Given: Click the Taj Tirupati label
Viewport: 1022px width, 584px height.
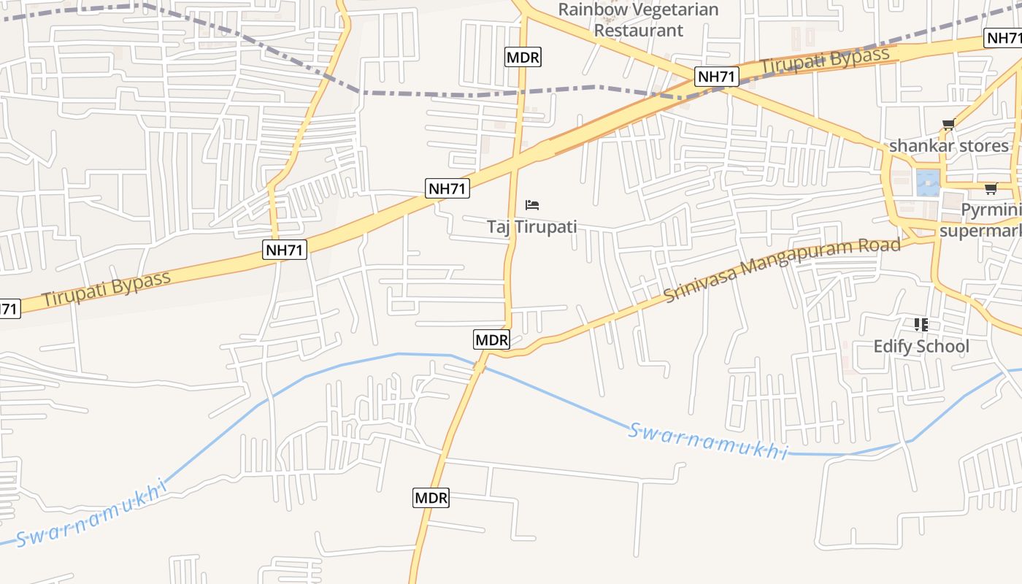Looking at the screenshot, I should (531, 226).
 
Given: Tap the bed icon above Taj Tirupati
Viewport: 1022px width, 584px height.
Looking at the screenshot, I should (532, 205).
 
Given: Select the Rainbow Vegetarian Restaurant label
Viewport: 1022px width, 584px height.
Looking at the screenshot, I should (638, 20).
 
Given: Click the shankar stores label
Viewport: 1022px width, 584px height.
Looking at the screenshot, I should (948, 146).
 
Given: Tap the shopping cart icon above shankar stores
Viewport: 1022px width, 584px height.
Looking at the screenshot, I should (948, 125).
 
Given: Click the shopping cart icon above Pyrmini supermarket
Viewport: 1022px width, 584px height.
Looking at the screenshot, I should (991, 189).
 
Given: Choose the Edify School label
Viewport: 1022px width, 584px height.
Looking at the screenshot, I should (921, 346).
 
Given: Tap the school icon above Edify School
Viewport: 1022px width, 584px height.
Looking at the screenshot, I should (921, 324).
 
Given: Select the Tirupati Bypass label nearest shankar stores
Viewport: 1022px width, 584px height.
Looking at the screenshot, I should (825, 61).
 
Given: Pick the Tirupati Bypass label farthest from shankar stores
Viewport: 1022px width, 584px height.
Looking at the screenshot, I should (106, 289).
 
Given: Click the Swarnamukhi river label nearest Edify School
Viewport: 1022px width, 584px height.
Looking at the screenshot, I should (707, 441).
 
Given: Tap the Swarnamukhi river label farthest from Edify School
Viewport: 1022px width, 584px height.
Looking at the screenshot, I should (91, 513).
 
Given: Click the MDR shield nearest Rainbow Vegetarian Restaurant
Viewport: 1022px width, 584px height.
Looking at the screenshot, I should (523, 56).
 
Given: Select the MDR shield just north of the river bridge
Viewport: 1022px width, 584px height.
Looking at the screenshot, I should (491, 339).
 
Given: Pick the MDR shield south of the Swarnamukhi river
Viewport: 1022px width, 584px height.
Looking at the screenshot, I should (431, 498).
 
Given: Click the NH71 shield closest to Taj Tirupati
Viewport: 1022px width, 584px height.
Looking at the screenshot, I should (447, 188).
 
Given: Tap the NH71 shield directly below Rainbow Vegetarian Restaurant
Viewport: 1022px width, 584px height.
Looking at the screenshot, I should (717, 76).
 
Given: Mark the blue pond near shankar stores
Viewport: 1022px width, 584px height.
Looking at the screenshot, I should (927, 182).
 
